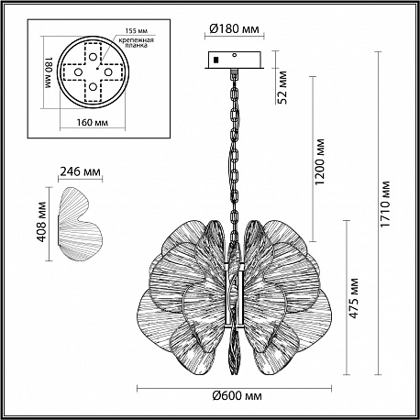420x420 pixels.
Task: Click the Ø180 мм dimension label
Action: point(234,28)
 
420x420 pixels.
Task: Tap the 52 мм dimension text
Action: point(283,87)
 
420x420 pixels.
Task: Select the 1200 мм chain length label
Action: point(319,161)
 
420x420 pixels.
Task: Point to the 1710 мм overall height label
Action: point(385,204)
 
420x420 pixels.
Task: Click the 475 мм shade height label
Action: point(353,298)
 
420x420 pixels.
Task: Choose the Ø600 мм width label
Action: point(238,396)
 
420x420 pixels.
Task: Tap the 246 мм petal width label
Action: point(80,171)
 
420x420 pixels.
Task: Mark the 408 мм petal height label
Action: point(41,222)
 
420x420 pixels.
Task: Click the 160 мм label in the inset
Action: point(93,123)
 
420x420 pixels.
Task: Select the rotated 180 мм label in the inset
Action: point(49,72)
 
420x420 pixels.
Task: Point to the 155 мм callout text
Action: point(137,31)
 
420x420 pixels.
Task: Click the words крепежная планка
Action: point(137,42)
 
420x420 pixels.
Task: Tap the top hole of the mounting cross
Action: point(93,57)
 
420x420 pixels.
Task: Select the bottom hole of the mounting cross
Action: point(93,87)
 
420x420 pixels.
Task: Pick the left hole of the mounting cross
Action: point(78,72)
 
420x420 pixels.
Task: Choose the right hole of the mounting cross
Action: point(108,72)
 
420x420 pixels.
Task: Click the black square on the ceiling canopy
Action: point(216,60)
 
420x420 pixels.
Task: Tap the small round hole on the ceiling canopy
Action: point(235,55)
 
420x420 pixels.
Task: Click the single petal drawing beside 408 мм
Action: point(81,225)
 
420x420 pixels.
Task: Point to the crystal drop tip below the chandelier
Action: point(235,374)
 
